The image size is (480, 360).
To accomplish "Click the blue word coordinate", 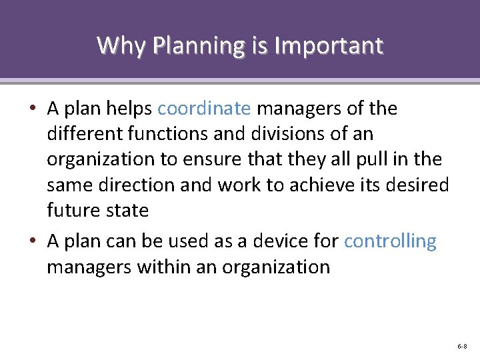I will [205, 109].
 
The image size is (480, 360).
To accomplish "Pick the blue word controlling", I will [390, 241].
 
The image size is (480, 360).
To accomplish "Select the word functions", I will [169, 134].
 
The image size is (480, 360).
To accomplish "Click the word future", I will [73, 210].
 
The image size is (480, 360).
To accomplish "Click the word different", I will [86, 134].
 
